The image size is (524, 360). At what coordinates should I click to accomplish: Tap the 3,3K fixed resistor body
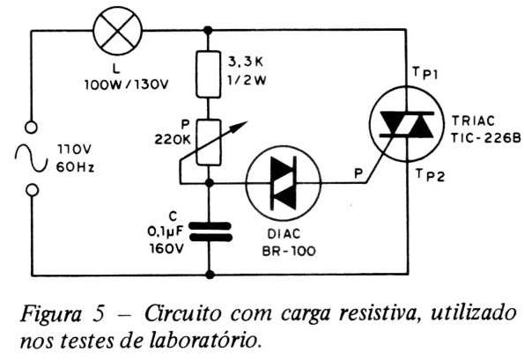click(x=208, y=74)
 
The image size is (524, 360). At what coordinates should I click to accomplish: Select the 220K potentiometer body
click(x=208, y=143)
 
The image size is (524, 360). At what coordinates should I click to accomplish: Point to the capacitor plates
click(x=210, y=231)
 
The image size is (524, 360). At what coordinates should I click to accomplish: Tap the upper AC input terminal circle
click(x=31, y=128)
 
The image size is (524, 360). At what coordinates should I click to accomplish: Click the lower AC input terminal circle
click(x=32, y=190)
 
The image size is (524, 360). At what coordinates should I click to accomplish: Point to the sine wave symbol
click(x=31, y=158)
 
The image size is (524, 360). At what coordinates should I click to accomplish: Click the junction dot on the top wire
click(x=208, y=31)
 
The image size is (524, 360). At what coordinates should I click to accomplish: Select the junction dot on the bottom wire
click(x=210, y=275)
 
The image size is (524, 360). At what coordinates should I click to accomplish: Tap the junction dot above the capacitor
click(x=210, y=183)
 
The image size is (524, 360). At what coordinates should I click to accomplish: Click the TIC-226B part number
click(x=486, y=137)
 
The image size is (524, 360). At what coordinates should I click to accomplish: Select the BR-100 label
click(x=289, y=251)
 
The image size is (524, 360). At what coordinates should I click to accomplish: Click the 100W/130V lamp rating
click(x=127, y=85)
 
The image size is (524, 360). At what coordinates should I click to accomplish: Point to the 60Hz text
click(x=75, y=167)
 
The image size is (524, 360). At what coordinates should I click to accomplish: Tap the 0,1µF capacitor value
click(x=166, y=231)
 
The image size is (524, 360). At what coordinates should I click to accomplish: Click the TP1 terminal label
click(x=425, y=73)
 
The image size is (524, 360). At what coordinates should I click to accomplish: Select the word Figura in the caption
click(x=51, y=314)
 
